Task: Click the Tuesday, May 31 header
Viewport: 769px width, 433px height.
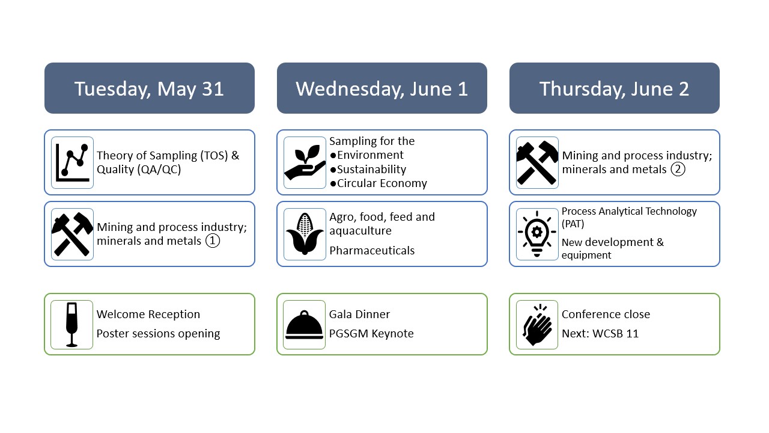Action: (x=150, y=88)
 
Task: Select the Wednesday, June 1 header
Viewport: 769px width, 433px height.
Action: (x=381, y=88)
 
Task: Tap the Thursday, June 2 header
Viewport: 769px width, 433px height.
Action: (x=614, y=88)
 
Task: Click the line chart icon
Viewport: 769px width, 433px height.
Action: (x=73, y=162)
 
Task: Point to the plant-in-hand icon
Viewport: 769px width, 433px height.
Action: (x=305, y=162)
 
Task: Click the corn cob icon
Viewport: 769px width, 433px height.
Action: (x=305, y=234)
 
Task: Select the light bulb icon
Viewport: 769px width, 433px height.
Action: (x=537, y=234)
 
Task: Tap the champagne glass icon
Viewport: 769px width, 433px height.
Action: (x=71, y=325)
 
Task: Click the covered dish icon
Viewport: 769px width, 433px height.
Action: (x=305, y=325)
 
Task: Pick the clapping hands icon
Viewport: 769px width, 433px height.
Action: (x=537, y=325)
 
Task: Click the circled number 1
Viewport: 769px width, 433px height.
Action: (x=213, y=241)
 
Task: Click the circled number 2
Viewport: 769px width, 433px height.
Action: (x=678, y=169)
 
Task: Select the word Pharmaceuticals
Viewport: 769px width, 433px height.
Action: (x=372, y=251)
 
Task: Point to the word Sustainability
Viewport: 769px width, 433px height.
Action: (x=371, y=169)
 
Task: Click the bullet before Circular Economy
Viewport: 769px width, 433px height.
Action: (x=333, y=184)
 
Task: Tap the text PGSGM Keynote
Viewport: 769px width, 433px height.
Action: (x=371, y=333)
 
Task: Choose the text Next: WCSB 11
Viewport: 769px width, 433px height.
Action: (x=600, y=333)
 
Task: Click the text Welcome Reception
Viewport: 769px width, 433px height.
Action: (x=148, y=314)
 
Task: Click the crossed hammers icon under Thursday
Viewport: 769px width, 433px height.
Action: (x=537, y=162)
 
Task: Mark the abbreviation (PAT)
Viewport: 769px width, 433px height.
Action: (x=573, y=224)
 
